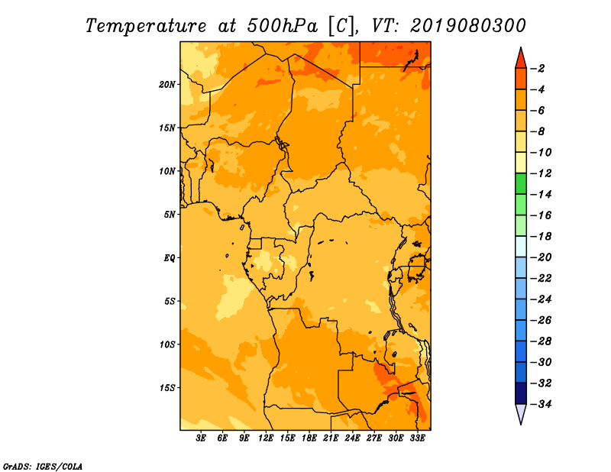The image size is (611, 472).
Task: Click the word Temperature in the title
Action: tap(146, 26)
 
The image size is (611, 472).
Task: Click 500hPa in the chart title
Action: tap(282, 25)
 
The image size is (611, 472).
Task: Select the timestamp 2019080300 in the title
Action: tap(468, 25)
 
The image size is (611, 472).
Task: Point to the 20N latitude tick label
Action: tap(167, 85)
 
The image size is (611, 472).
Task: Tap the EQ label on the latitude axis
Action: tap(169, 258)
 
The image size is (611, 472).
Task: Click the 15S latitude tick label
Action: tap(167, 388)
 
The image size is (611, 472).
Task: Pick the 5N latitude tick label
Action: tap(170, 215)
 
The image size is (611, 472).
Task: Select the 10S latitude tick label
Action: tap(167, 344)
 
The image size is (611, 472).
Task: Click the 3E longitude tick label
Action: tap(201, 438)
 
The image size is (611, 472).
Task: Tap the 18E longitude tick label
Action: tap(309, 438)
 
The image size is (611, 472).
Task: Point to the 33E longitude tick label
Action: tap(417, 438)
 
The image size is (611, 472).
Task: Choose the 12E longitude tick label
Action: tap(266, 438)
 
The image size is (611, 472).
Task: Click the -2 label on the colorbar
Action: tap(538, 69)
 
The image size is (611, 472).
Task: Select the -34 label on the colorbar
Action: tap(541, 404)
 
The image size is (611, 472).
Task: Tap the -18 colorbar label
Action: tap(541, 236)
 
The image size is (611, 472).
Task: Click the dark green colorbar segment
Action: tap(521, 183)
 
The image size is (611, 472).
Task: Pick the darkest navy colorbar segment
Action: tap(521, 393)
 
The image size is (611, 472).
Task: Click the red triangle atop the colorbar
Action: tap(521, 60)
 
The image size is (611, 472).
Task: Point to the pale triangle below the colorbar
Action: tap(521, 412)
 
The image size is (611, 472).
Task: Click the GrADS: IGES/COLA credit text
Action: tap(43, 467)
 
